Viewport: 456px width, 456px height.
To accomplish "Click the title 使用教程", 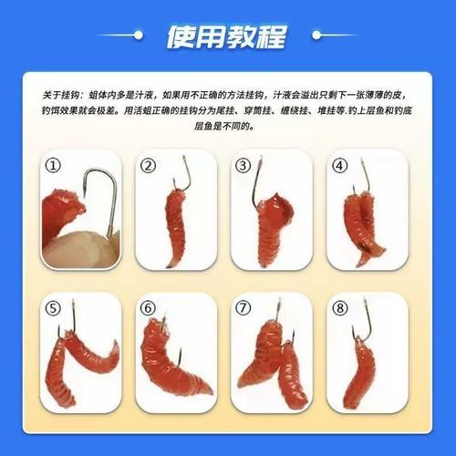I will tap(227, 37).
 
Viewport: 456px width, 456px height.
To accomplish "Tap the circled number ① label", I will tap(54, 165).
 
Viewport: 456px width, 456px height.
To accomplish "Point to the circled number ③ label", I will tap(243, 165).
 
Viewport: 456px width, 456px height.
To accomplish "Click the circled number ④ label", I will tap(338, 165).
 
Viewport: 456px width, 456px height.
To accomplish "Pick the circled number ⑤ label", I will tap(54, 307).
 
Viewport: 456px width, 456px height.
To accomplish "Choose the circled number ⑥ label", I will tap(149, 307).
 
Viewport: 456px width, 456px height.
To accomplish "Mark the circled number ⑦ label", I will tap(243, 307).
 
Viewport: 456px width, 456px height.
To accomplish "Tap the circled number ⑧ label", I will tap(338, 307).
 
